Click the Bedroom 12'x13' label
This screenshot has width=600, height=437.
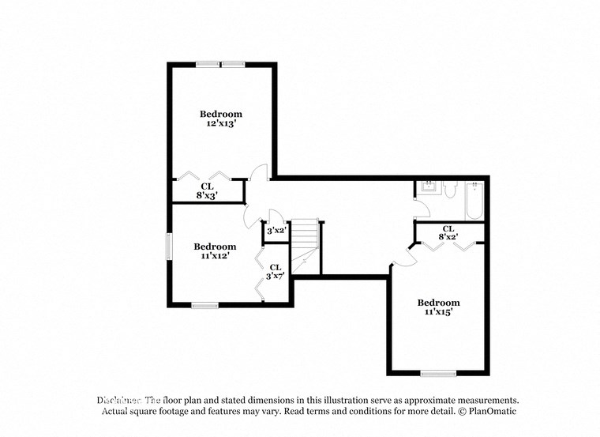click(x=220, y=119)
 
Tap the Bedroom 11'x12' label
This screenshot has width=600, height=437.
click(x=215, y=251)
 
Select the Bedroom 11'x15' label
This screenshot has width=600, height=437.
click(x=438, y=307)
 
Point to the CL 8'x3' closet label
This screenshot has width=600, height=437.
click(x=207, y=190)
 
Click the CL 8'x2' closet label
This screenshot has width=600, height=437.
click(x=448, y=232)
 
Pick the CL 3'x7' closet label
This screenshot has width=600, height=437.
click(x=275, y=272)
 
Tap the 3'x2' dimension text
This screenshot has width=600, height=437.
click(x=276, y=232)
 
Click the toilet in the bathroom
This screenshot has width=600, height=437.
click(x=449, y=189)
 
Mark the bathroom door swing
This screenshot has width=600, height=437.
click(x=422, y=207)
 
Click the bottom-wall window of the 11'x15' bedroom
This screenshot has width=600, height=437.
click(x=437, y=372)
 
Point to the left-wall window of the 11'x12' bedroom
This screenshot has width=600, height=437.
click(x=167, y=246)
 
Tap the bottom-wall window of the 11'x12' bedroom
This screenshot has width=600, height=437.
click(x=204, y=304)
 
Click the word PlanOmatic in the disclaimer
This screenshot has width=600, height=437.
click(x=490, y=412)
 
